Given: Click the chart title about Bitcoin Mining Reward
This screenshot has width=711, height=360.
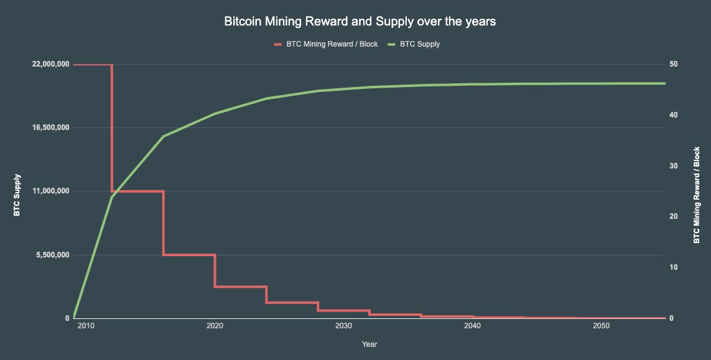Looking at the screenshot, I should [x=360, y=22].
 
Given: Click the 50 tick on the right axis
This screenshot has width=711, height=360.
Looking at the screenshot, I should [x=673, y=65].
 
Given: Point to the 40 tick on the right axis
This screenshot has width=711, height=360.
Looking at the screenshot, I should [x=673, y=116].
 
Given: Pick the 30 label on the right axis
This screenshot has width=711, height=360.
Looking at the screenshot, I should [x=673, y=166].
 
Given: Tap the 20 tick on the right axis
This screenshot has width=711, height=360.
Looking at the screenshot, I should [x=673, y=217].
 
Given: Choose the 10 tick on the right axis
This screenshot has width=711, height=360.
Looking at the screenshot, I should [x=673, y=267].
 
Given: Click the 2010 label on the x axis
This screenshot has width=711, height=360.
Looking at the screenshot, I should [x=86, y=326].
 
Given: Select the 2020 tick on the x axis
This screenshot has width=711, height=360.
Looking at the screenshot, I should [x=215, y=326].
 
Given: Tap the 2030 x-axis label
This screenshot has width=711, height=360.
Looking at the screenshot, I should [x=343, y=326].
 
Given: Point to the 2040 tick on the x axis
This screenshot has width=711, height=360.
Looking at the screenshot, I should [x=472, y=326].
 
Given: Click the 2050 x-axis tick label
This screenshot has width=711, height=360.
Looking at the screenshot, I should [x=601, y=326].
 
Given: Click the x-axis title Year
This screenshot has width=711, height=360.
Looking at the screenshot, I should [x=369, y=344].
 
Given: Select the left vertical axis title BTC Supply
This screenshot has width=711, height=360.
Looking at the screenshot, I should [x=17, y=195].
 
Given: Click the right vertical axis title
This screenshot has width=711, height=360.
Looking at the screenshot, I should [x=697, y=195].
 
